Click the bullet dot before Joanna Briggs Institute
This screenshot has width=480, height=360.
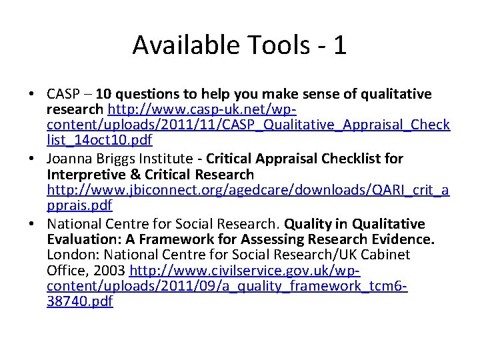(33, 159)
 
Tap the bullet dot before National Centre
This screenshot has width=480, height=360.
(33, 224)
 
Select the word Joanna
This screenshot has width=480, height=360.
(69, 159)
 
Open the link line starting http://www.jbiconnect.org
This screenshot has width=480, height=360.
(248, 191)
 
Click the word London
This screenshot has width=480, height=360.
(70, 255)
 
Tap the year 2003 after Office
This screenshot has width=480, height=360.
(109, 271)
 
